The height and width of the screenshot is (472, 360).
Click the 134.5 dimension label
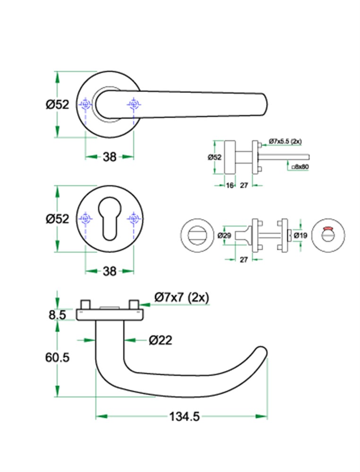[x=184, y=417]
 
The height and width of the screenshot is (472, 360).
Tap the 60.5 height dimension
[x=57, y=357]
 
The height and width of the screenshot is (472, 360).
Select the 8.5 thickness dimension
[x=57, y=315]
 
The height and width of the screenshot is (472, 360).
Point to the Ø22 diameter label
[x=161, y=340]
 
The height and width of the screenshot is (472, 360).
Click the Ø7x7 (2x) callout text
[x=182, y=297]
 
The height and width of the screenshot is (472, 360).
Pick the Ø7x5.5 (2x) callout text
[x=285, y=141]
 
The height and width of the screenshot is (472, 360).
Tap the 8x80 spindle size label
[x=300, y=167]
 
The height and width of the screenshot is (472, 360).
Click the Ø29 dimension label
[x=224, y=236]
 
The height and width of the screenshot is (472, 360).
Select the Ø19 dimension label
[x=300, y=236]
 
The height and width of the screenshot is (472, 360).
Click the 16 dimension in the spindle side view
[x=230, y=185]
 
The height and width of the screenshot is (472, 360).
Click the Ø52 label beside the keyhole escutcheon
[x=57, y=219]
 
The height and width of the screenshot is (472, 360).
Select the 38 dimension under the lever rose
[x=110, y=157]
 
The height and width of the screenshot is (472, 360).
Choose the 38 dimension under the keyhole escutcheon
[x=110, y=271]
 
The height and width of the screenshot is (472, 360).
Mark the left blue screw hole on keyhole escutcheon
[x=86, y=219]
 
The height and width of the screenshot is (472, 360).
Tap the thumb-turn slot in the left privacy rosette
[x=197, y=236]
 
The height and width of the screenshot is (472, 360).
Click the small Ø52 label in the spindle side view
[x=214, y=157]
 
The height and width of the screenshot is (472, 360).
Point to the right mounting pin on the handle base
[x=134, y=304]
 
